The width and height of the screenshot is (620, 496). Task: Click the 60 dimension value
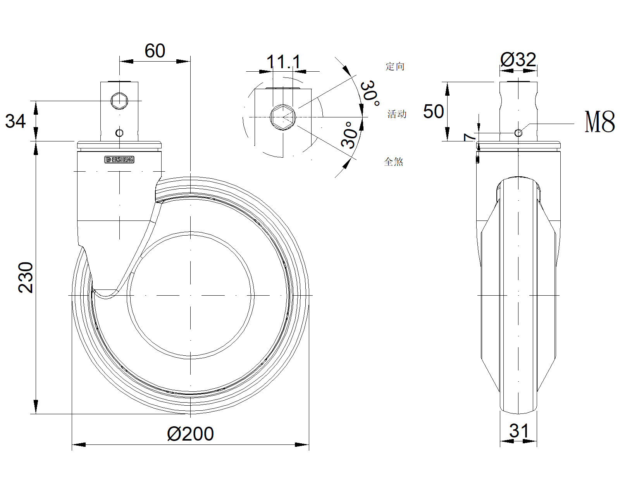[x=155, y=51]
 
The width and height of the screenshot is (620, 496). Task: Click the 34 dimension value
[x=15, y=121]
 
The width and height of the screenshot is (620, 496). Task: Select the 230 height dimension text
[x=26, y=277]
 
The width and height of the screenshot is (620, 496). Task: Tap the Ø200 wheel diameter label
[x=190, y=434]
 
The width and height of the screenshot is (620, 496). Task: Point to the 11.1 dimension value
[x=284, y=62]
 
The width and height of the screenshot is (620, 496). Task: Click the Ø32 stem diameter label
[x=518, y=60]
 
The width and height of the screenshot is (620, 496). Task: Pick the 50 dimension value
[x=433, y=112]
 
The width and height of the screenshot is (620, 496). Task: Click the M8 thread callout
[x=599, y=122]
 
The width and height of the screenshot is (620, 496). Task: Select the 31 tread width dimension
[x=519, y=431]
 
